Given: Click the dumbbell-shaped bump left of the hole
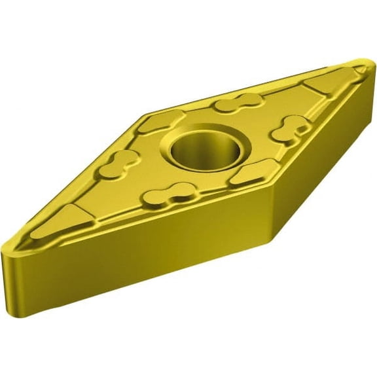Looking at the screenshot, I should (x=118, y=166).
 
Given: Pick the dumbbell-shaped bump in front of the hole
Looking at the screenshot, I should (x=171, y=194).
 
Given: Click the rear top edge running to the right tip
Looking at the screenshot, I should (x=262, y=79).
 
